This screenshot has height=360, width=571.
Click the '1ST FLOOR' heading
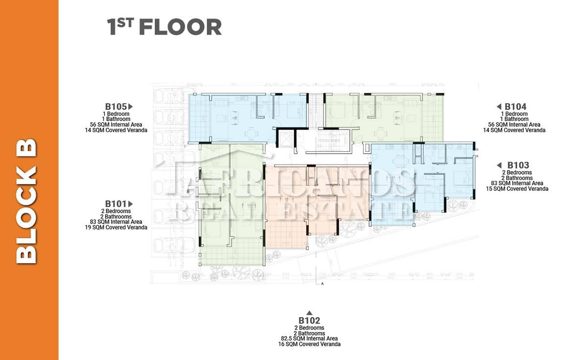[164, 26]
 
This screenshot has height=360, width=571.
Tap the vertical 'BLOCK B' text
[26, 202]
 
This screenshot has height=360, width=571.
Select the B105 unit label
[116, 106]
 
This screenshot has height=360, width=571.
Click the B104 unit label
[515, 106]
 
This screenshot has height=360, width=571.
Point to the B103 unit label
[518, 165]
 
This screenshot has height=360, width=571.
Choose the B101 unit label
[116, 204]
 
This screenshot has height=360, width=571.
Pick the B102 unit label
[309, 320]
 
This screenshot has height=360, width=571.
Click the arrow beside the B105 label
[130, 106]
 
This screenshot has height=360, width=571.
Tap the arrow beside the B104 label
[499, 106]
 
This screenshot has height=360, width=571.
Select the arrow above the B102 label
[309, 313]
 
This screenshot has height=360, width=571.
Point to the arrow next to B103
[499, 165]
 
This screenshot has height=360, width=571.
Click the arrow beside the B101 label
[130, 204]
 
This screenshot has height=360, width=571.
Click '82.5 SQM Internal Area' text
[309, 338]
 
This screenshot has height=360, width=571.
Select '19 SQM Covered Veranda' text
[116, 227]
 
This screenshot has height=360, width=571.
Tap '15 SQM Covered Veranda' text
[517, 188]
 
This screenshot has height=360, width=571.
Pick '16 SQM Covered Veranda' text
[309, 344]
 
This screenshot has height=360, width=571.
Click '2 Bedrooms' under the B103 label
[517, 172]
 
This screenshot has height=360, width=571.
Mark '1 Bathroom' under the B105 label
[116, 119]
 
